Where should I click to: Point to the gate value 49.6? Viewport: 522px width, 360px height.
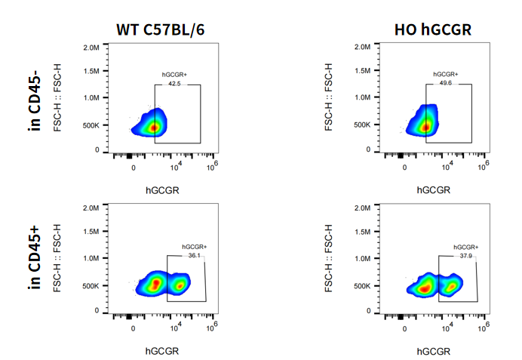pos(446,83)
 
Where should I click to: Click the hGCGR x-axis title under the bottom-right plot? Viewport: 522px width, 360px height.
pos(432,351)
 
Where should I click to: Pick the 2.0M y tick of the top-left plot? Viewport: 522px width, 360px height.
pos(91,47)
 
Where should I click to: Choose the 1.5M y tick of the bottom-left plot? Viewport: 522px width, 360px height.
pos(91,233)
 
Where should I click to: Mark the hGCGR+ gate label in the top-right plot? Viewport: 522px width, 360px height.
pos(446,75)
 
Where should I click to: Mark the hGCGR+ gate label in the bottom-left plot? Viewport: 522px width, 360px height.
pos(194,247)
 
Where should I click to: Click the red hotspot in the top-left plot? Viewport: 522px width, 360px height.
pos(154,127)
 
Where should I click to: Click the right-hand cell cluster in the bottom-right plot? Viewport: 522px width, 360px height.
pos(452,286)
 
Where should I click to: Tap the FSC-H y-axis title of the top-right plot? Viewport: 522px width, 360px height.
pos(330,98)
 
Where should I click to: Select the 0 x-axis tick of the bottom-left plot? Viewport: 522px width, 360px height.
pos(134,328)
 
